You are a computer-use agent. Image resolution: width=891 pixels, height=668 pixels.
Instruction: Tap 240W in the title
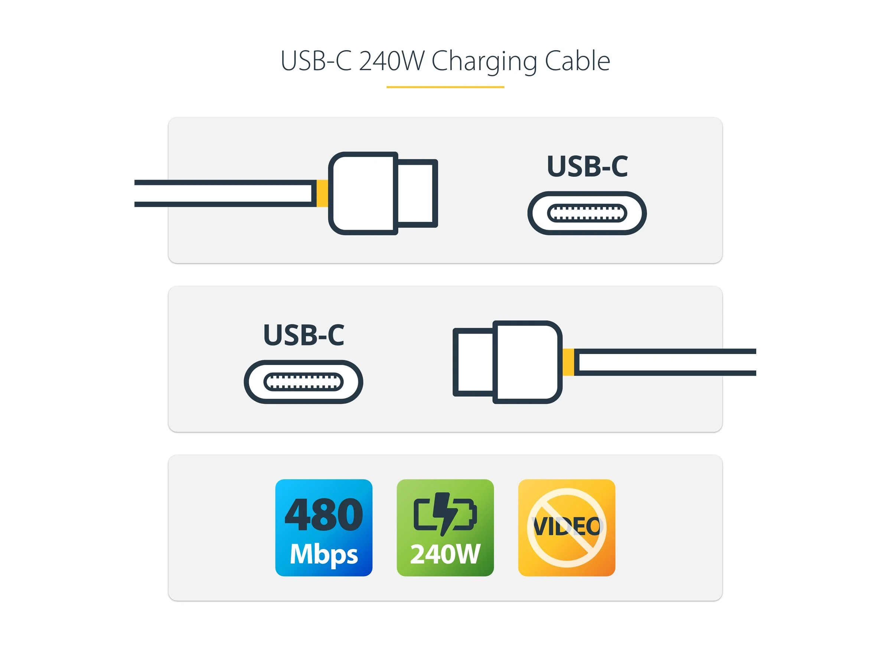pos(391,61)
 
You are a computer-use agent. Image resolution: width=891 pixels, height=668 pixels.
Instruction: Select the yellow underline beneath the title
pos(445,87)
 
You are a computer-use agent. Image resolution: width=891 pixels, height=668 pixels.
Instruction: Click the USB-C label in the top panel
pos(587,166)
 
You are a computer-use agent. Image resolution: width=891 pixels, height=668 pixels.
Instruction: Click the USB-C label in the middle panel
pos(303,335)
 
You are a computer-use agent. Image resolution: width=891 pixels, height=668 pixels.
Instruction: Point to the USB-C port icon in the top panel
pos(587,213)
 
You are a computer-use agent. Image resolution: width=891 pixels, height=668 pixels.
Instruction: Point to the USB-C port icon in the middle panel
pos(303,382)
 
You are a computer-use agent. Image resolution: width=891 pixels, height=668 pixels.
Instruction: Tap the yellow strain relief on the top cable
pos(322,193)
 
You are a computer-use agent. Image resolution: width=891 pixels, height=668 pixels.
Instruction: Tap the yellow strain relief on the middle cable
pos(568,362)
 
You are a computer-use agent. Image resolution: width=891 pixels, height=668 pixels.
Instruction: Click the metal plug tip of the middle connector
pos(474,362)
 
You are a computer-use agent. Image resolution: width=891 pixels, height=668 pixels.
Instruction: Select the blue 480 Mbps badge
pos(323,527)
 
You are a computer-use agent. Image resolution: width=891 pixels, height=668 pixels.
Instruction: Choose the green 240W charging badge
pos(445,527)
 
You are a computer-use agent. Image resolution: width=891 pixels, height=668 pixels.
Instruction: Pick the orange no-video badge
pos(566,527)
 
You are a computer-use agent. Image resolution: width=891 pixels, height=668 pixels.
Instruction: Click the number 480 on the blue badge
pos(323,515)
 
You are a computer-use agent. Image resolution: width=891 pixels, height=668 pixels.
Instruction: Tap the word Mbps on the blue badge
pos(323,554)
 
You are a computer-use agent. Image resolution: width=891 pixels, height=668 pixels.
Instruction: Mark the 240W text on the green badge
pos(445,554)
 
